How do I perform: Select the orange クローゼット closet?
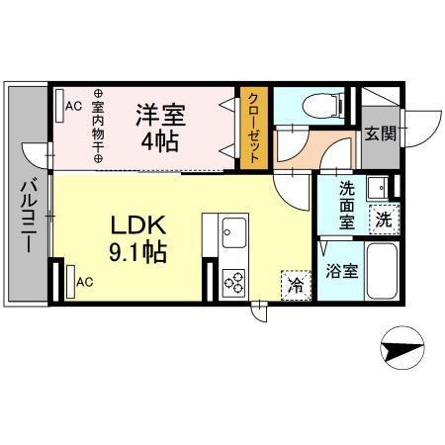(254, 127)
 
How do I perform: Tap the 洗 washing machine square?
(380, 220)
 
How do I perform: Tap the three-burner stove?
(234, 282)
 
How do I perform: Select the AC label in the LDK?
(85, 281)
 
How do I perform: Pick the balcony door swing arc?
(40, 158)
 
